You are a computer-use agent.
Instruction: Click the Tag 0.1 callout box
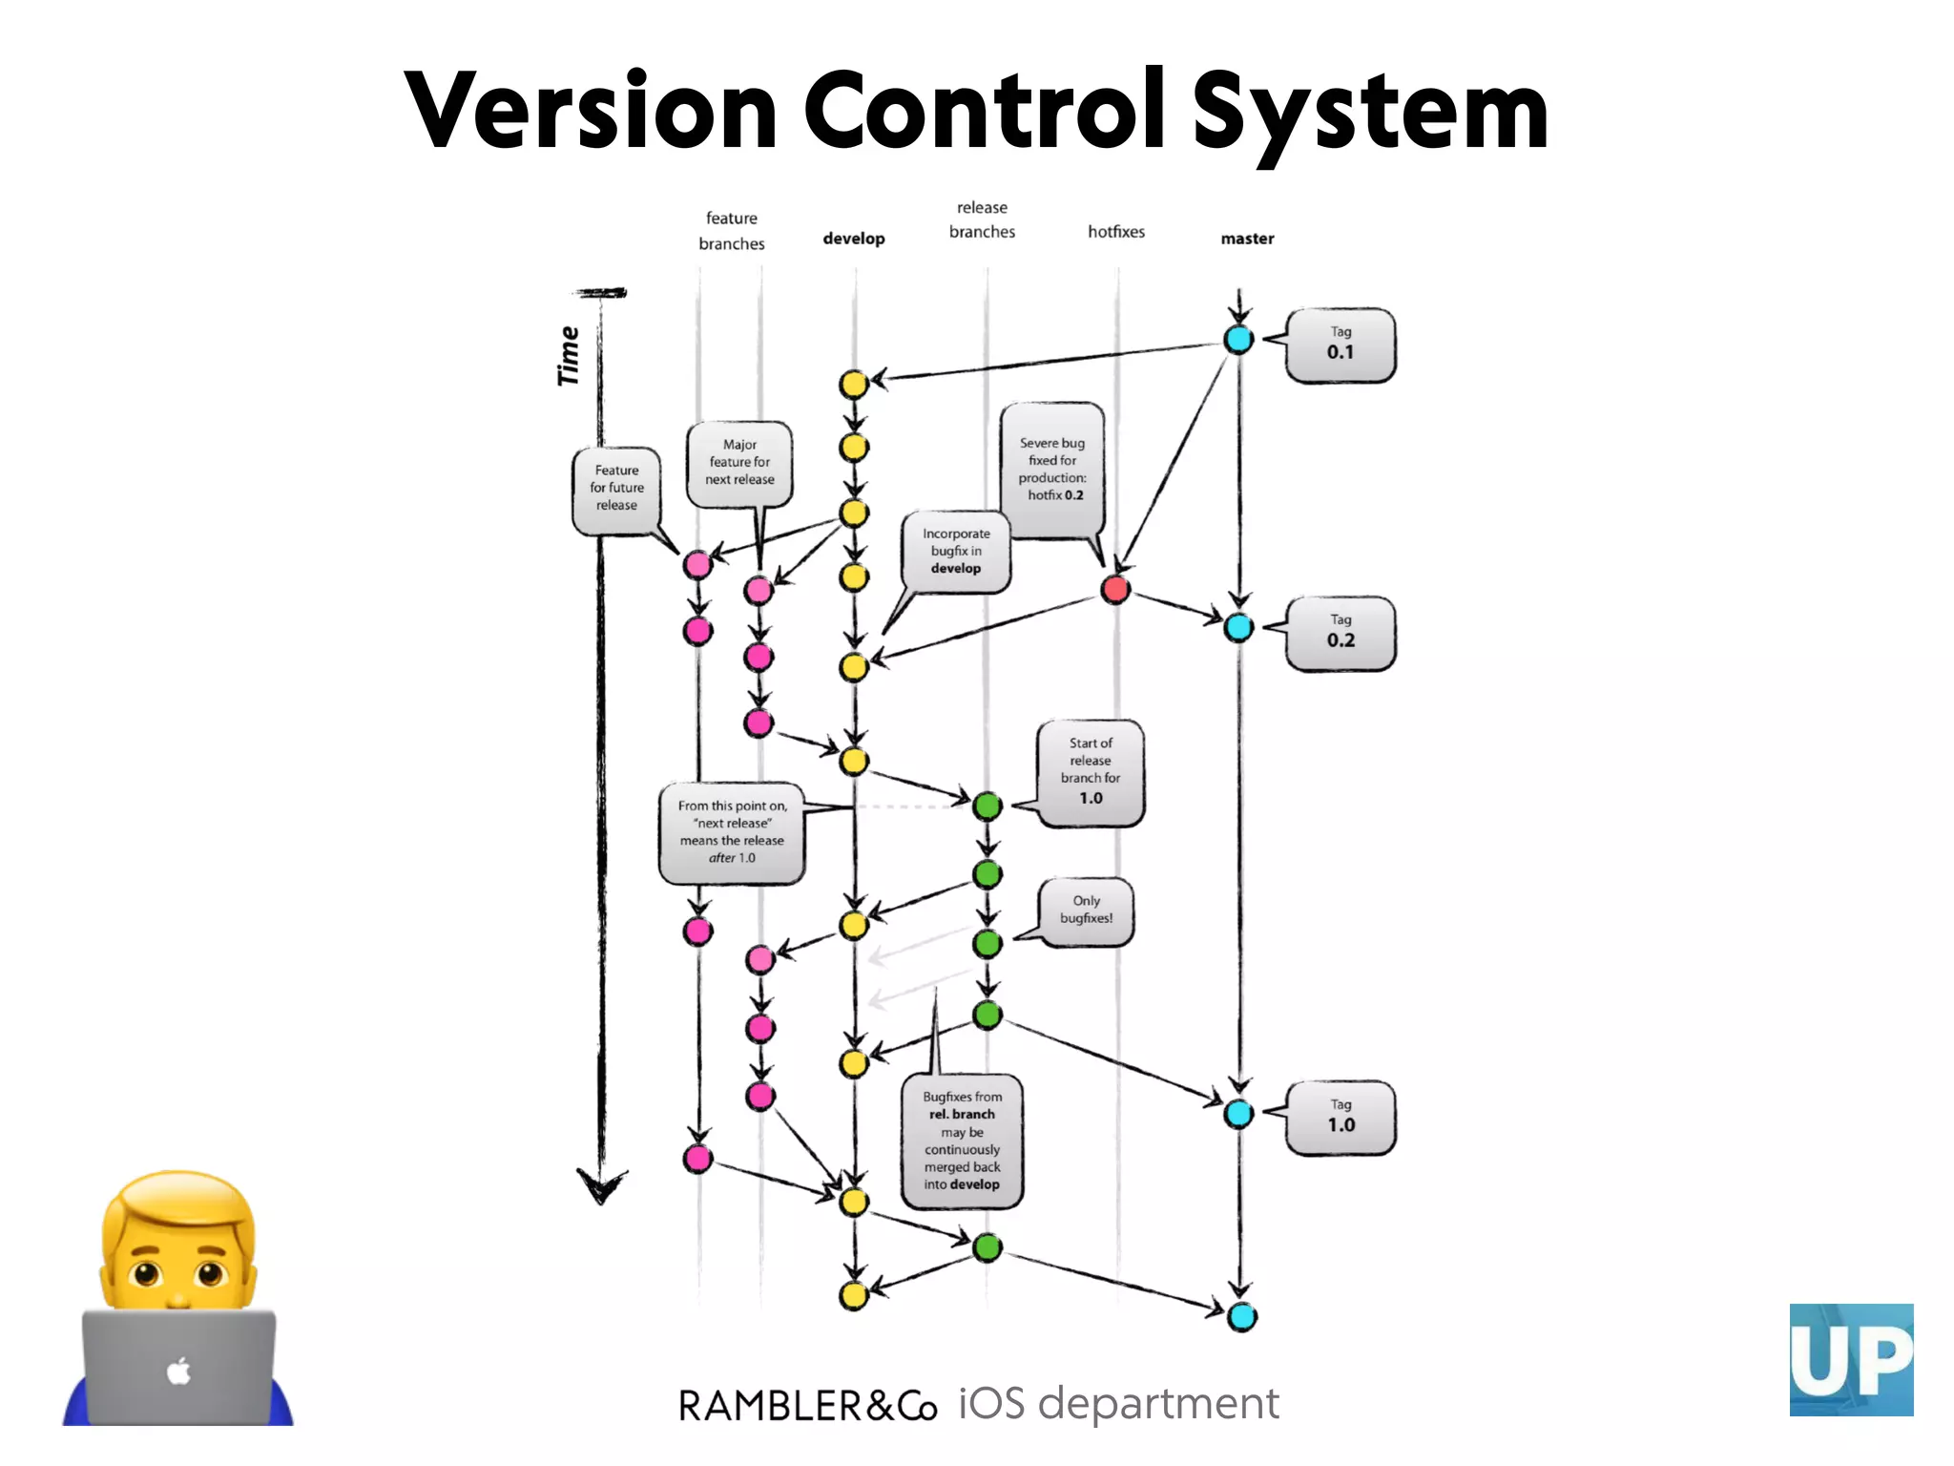[x=1340, y=345]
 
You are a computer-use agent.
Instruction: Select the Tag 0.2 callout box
[x=1340, y=633]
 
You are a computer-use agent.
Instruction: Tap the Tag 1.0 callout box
[x=1340, y=1118]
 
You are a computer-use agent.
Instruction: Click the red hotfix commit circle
[x=1115, y=589]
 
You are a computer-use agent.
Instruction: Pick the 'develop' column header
[x=854, y=239]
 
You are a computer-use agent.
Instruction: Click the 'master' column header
[x=1247, y=239]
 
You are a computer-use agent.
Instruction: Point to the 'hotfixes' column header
[x=1116, y=232]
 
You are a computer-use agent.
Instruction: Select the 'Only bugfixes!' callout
[x=1087, y=911]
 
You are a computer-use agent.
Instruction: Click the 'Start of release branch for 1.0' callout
[x=1091, y=771]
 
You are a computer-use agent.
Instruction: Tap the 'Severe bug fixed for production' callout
[x=1052, y=470]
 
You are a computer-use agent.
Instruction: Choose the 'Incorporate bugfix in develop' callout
[x=956, y=551]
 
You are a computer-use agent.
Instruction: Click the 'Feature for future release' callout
[x=617, y=488]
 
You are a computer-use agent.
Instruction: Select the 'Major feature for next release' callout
[x=739, y=463]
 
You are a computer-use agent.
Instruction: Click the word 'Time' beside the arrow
[x=569, y=356]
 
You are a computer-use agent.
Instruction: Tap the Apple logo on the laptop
[x=178, y=1372]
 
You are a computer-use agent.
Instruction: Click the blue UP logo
[x=1851, y=1359]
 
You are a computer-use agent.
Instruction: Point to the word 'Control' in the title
[x=984, y=112]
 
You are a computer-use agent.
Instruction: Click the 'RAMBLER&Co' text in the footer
[x=807, y=1406]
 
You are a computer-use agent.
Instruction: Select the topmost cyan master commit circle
[x=1238, y=339]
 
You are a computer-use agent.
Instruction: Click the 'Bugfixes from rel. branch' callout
[x=962, y=1141]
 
